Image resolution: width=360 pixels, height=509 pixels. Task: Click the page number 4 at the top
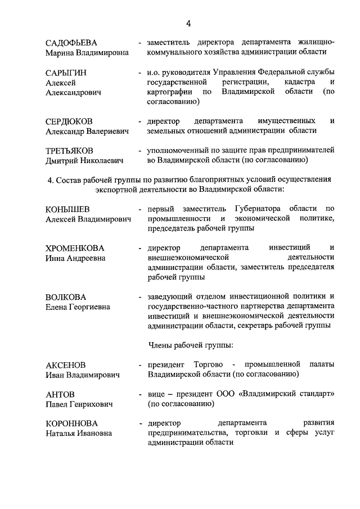point(189,23)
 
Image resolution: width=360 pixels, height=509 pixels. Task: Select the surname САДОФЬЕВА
point(71,43)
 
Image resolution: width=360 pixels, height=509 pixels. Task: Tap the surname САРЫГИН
point(66,73)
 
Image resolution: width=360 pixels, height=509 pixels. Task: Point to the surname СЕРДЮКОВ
point(69,121)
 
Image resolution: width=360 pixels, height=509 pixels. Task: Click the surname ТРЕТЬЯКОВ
point(69,151)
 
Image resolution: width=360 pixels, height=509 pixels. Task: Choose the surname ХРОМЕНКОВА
point(75,249)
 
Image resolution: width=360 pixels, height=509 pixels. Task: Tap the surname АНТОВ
point(60,394)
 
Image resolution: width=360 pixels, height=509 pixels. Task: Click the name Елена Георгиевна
point(78,307)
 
